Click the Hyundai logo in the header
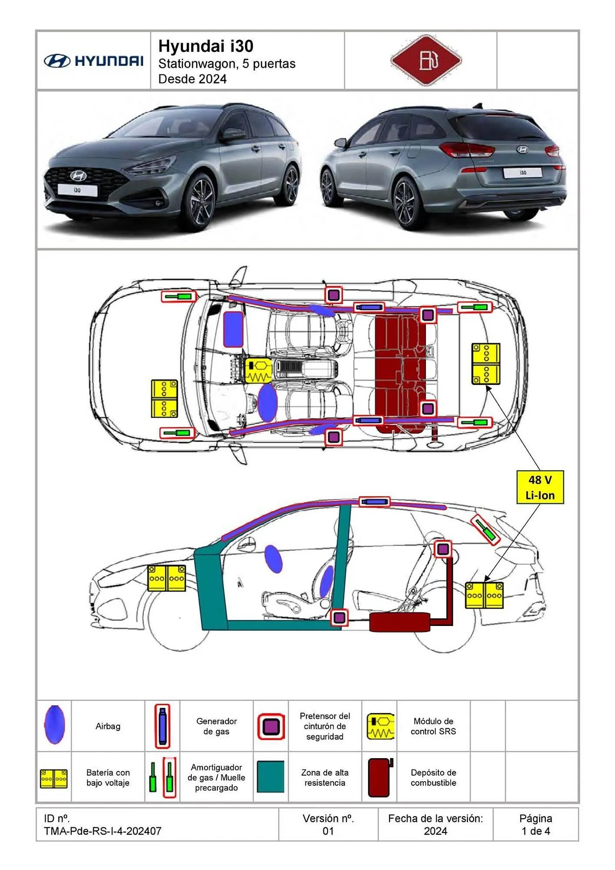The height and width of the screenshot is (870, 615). coord(94,61)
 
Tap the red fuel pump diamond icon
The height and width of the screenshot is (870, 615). coord(426,60)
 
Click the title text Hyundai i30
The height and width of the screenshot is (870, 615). coord(206,46)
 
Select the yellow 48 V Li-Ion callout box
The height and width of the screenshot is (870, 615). coord(540,487)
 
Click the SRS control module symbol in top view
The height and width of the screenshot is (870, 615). coord(258,371)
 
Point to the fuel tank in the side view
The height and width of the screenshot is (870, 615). coord(399,622)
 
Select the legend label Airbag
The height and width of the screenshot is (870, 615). coord(108,726)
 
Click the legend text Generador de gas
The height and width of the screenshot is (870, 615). coord(216,726)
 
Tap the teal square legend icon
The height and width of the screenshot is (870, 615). coord(271,776)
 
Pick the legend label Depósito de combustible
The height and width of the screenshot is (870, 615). coord(433,777)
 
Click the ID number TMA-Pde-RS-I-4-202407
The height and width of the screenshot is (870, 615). coord(103,831)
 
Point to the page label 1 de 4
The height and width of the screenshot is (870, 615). coord(535,831)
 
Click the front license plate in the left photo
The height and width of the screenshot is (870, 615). coord(77,190)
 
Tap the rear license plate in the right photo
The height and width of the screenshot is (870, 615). coord(522,173)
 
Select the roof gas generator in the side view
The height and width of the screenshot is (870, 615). coord(374,502)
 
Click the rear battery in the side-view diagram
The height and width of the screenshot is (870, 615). coord(484,595)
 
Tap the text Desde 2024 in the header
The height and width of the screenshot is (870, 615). coord(192,79)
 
